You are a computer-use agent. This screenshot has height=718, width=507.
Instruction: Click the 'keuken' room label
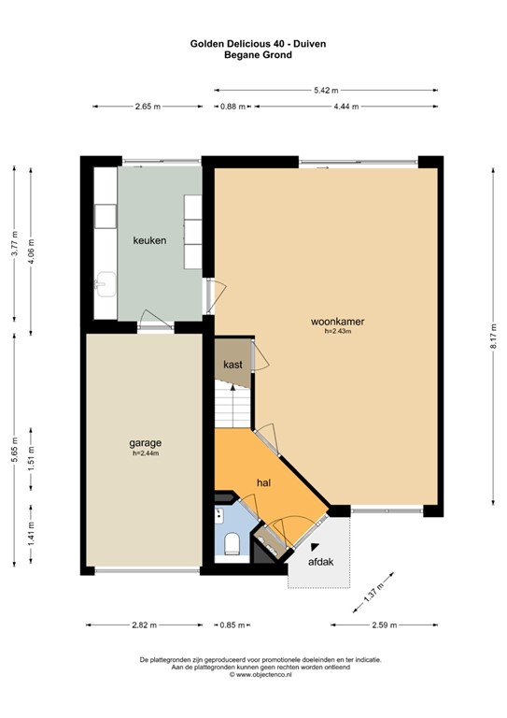(x=149, y=240)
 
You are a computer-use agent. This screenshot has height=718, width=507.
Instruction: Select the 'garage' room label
(x=146, y=442)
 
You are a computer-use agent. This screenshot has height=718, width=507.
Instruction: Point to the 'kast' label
(x=232, y=364)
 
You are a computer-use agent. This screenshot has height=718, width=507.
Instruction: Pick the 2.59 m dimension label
(x=385, y=625)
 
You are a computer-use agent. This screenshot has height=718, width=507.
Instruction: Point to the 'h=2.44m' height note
(x=146, y=453)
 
